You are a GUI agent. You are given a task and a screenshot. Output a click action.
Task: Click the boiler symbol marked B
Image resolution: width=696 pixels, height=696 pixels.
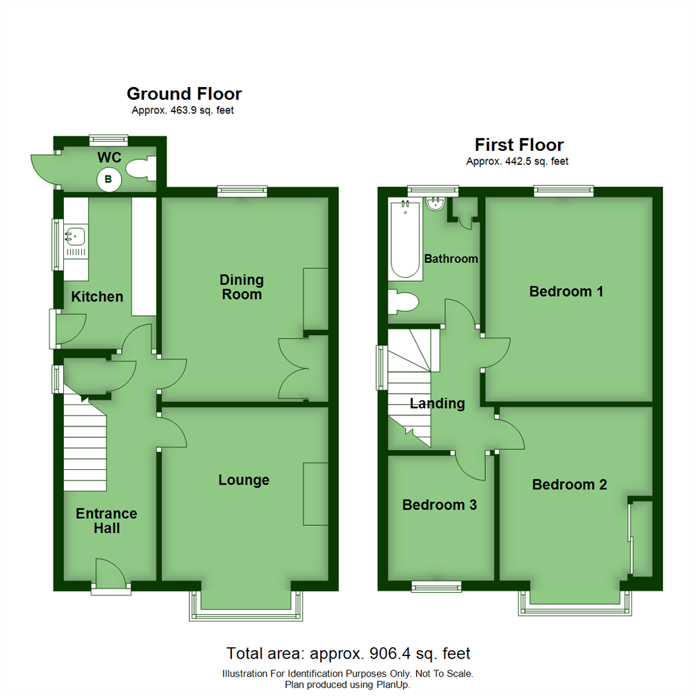108,180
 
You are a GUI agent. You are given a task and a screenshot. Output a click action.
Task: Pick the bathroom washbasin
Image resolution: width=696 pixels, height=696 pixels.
436,204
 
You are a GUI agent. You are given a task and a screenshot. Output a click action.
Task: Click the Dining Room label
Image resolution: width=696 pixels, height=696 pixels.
242,287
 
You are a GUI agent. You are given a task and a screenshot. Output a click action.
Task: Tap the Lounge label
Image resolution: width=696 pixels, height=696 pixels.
244,480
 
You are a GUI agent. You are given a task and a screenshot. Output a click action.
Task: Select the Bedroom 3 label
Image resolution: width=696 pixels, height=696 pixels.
440,505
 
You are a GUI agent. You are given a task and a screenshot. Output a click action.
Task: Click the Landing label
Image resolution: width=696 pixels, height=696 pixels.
438,404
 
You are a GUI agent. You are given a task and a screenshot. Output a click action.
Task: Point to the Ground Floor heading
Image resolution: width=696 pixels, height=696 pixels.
184,94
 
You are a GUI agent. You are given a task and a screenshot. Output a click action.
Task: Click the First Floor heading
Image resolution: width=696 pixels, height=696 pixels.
519,145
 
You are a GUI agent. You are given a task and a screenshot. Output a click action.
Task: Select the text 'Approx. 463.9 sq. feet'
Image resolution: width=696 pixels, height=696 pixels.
183,111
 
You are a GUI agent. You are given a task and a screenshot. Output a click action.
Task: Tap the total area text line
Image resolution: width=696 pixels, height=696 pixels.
348,653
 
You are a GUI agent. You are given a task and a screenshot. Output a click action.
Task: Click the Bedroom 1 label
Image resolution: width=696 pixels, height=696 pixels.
566,291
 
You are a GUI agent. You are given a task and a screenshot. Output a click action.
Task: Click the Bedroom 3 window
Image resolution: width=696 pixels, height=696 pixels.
437,586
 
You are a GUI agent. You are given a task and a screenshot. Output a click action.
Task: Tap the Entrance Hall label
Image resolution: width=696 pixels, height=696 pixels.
106,521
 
